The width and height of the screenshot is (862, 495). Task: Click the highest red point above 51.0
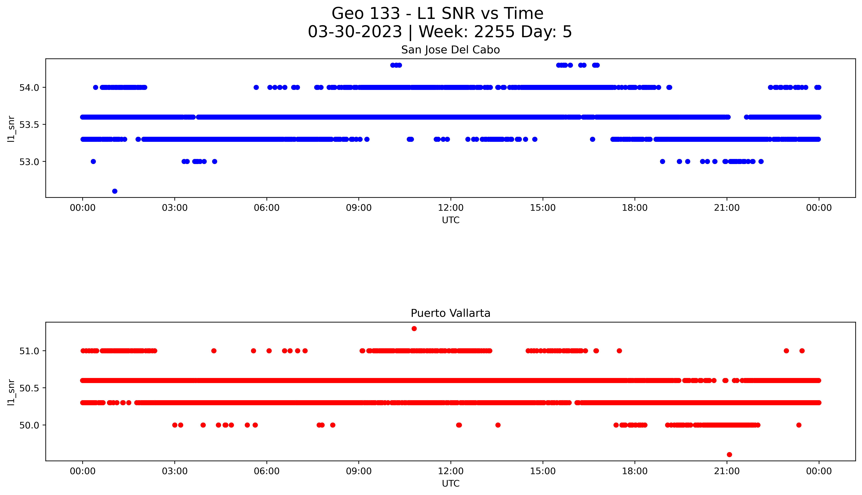pyautogui.click(x=414, y=328)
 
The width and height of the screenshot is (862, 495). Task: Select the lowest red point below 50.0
pyautogui.click(x=729, y=455)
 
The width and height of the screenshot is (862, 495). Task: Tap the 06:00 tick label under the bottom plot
pyautogui.click(x=267, y=471)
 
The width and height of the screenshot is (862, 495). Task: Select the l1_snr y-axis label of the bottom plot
pyautogui.click(x=11, y=392)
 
